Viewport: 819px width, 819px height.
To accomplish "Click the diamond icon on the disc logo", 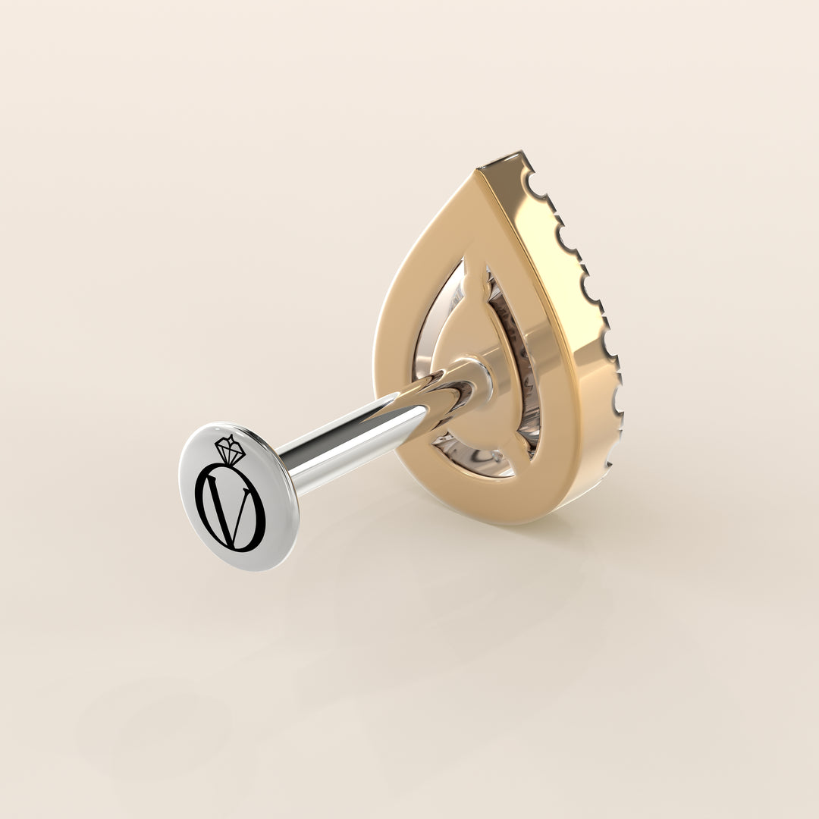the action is point(230,450).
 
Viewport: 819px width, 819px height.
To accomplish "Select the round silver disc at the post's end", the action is point(238,496).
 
